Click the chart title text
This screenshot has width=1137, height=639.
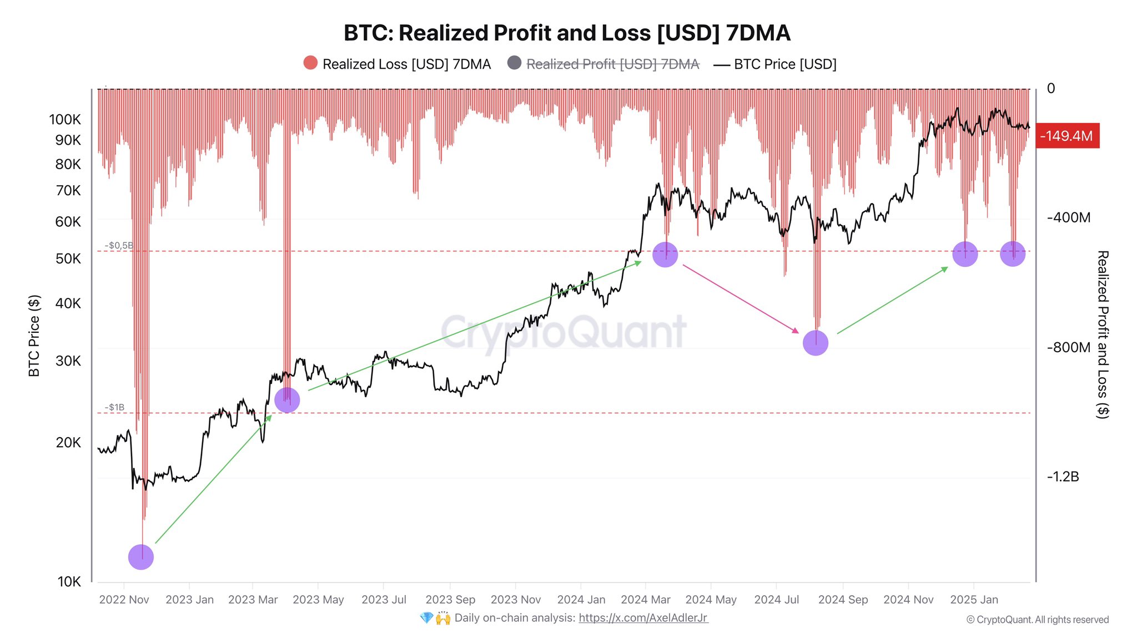tap(567, 33)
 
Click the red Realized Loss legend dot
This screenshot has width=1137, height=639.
tap(310, 63)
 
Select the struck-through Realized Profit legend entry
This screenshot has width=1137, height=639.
tap(612, 64)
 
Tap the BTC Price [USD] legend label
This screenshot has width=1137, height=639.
tap(784, 64)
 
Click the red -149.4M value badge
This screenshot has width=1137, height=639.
tap(1067, 136)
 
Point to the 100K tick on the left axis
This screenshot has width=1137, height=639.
tap(65, 119)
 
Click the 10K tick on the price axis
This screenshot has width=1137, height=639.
tap(69, 581)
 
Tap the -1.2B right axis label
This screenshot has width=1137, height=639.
tap(1063, 476)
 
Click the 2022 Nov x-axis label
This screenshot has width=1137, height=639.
tap(124, 600)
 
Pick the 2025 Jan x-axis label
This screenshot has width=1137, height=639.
tap(974, 600)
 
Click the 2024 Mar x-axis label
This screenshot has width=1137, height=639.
tap(645, 600)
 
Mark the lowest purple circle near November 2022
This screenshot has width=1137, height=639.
tap(141, 557)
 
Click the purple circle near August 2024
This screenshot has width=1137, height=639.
tap(816, 343)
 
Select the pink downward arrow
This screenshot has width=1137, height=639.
tap(741, 299)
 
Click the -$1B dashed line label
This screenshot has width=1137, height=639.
tap(114, 407)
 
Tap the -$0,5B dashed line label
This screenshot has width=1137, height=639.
tap(119, 245)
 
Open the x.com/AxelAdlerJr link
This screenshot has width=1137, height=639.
tap(643, 618)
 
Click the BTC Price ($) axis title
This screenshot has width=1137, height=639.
tap(34, 336)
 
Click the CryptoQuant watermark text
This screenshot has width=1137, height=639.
tap(564, 332)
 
